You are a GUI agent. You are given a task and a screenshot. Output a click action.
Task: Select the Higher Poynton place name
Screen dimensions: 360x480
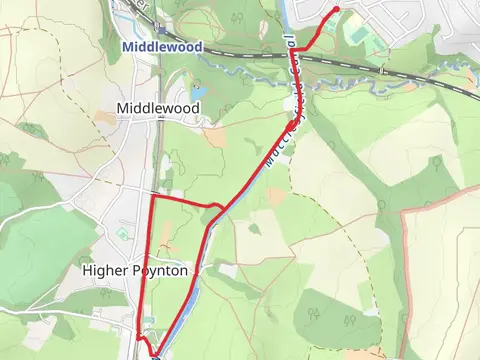pyautogui.click(x=135, y=270)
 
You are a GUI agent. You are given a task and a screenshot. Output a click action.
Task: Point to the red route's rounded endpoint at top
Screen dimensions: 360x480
pyautogui.click(x=335, y=10)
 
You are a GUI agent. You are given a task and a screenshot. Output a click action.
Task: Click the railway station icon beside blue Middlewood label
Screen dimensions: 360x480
pyautogui.click(x=161, y=31)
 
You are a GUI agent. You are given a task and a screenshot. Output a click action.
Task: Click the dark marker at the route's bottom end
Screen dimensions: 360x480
pyautogui.click(x=156, y=354)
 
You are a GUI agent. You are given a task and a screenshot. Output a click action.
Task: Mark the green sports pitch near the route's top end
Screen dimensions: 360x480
pyautogui.click(x=357, y=32)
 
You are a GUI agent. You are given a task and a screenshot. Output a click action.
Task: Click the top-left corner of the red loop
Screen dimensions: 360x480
pyautogui.click(x=151, y=199)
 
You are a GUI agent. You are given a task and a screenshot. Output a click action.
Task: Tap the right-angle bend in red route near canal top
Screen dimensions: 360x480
pyautogui.click(x=293, y=48)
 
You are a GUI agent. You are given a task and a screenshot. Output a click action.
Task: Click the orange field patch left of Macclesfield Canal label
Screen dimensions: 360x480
pyautogui.click(x=214, y=136)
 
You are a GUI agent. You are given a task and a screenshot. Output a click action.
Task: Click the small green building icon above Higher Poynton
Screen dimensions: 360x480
pyautogui.click(x=122, y=233)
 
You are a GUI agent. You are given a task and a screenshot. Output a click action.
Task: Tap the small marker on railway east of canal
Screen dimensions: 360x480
pyautogui.click(x=381, y=70)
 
